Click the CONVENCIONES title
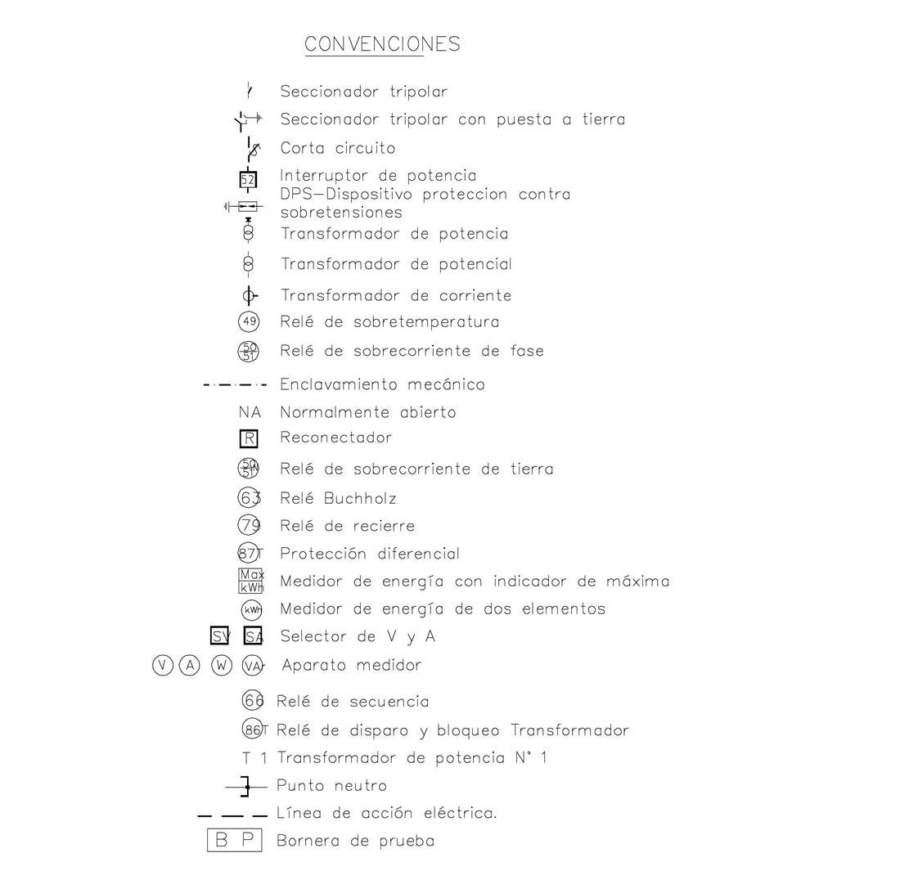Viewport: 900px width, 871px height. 382,44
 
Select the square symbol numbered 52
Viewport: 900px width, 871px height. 248,178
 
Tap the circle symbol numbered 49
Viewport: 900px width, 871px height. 248,322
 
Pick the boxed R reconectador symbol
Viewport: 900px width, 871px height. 249,438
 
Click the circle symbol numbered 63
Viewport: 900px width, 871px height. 248,498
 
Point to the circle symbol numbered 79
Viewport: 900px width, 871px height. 248,526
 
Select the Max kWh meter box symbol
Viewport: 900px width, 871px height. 250,581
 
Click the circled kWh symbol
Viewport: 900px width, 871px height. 252,610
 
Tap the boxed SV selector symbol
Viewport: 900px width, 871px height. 220,636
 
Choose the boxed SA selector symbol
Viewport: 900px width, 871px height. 253,636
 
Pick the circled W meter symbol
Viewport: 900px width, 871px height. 221,666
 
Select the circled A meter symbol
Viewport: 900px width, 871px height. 190,666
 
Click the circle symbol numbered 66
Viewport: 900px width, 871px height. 253,701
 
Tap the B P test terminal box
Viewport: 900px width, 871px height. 234,841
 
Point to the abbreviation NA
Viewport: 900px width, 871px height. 250,413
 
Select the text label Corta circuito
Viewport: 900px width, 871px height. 337,149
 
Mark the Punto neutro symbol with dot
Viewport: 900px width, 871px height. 246,787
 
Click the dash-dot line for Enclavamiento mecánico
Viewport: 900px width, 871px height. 235,385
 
